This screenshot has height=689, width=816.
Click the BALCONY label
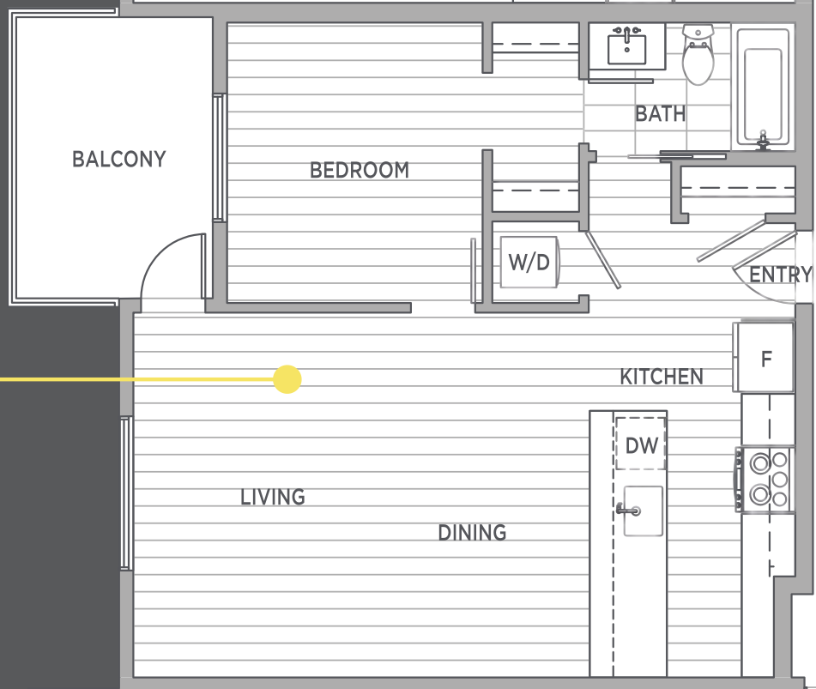[119, 160]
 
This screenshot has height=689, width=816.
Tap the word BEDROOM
[360, 170]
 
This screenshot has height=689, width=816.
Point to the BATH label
[661, 114]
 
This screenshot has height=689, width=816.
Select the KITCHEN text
[662, 376]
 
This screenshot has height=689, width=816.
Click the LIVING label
[273, 497]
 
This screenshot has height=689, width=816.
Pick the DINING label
[472, 532]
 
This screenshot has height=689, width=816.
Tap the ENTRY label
[780, 275]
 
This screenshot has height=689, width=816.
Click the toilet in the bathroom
[698, 54]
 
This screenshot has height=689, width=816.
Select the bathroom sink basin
[627, 49]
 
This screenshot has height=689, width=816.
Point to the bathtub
[763, 88]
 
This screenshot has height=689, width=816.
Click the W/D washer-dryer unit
[529, 263]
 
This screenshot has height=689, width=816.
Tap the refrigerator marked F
[764, 358]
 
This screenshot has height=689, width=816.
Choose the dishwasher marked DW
[641, 444]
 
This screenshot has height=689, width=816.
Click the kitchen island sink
[643, 511]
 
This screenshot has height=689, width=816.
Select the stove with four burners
[764, 480]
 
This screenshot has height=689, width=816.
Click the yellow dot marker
[287, 379]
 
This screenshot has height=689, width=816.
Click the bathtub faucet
[763, 141]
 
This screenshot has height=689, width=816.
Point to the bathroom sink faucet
[627, 33]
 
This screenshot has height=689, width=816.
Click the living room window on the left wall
[125, 493]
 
